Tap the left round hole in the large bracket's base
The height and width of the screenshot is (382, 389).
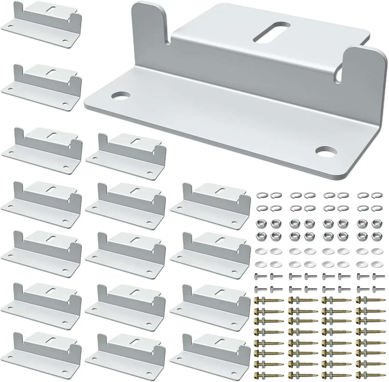click(x=118, y=96)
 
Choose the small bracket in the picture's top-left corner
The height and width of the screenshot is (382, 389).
click(x=41, y=26)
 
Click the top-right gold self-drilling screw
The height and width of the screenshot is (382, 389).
click(x=369, y=300)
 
